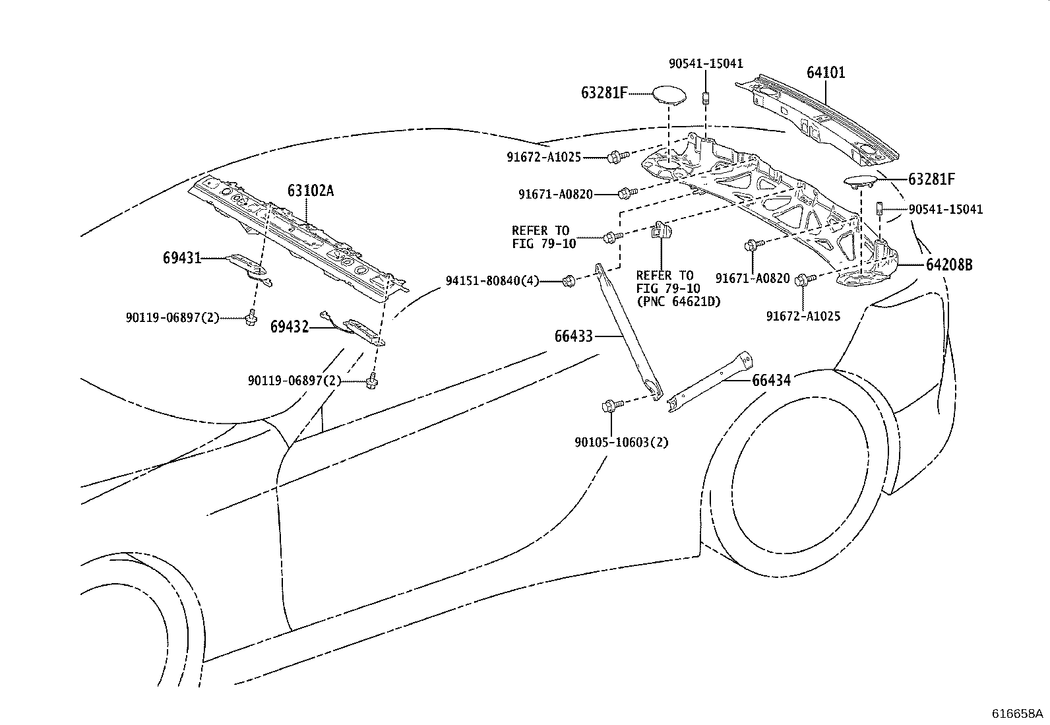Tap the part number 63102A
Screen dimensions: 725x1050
tap(310, 191)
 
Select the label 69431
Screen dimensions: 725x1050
tap(181, 258)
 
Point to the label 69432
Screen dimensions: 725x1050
tap(290, 327)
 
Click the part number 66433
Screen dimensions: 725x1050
tap(573, 336)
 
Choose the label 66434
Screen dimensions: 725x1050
tap(771, 380)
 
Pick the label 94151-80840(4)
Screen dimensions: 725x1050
tap(492, 281)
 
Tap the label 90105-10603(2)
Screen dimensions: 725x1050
tap(621, 442)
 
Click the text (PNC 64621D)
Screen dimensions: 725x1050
tap(679, 301)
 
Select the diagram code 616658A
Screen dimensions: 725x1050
tap(1018, 714)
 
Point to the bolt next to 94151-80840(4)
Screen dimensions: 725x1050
tap(569, 282)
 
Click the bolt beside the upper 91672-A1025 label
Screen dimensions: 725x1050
tap(614, 157)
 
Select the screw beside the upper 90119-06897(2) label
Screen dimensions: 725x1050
tap(251, 319)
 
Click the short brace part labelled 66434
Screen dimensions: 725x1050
tap(709, 383)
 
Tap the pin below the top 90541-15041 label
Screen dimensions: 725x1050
tap(705, 99)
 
